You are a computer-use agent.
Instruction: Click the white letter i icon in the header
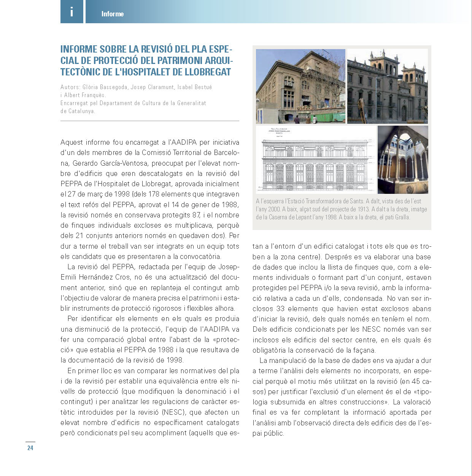tap(72, 12)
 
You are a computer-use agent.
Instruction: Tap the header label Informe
tap(113, 14)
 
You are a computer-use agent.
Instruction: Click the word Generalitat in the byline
tap(192, 103)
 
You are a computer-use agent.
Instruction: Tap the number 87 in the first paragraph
tap(196, 215)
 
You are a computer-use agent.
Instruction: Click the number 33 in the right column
tap(280, 309)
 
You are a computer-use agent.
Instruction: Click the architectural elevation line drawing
tap(315, 160)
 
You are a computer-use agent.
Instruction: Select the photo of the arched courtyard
tap(403, 160)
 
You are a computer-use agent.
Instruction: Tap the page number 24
tap(30, 448)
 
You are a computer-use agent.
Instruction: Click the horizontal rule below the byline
tap(149, 121)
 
